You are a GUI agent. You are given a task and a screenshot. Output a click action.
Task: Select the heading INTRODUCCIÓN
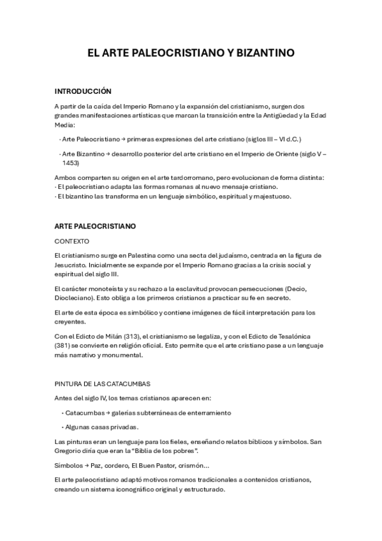83,91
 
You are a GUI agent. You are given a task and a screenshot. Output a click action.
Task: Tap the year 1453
71,163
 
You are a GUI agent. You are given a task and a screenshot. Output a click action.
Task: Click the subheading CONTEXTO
72,241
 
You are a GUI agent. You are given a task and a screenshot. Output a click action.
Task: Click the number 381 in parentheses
64,347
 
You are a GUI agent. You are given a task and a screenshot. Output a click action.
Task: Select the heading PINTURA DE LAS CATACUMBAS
102,383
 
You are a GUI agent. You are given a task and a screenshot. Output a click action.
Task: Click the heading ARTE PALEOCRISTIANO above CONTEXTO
95,226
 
